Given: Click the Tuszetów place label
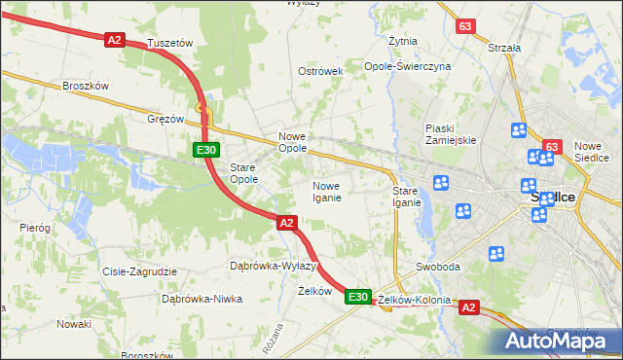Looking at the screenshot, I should [170, 44].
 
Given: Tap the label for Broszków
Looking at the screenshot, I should [85, 86].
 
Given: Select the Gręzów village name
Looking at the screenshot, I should [165, 119].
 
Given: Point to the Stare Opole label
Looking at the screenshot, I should [242, 173].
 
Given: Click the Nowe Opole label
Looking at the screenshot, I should [293, 142].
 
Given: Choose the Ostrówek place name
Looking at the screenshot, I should [320, 72].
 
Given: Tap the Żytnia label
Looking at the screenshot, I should [403, 42].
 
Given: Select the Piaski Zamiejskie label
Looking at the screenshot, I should [451, 134].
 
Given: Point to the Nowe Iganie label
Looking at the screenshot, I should [326, 192].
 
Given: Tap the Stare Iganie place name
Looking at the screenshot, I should [406, 197].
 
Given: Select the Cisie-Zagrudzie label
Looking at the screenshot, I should [139, 272].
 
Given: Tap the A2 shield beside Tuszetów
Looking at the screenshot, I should [115, 40].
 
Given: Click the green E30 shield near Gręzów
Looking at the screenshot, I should [205, 150].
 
